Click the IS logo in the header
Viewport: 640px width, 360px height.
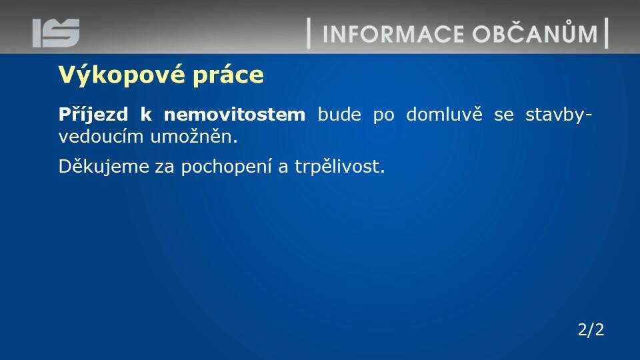pos(56,33)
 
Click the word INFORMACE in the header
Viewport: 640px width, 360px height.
pos(393,34)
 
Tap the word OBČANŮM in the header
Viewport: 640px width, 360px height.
pos(535,33)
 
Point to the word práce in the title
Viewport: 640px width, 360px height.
pos(228,75)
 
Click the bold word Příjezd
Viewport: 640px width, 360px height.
pos(93,115)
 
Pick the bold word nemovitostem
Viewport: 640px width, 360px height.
pos(234,114)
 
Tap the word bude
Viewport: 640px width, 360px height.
pos(339,114)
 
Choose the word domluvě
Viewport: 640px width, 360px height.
pos(444,114)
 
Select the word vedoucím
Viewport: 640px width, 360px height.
pos(101,137)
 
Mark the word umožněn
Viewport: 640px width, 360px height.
pos(194,137)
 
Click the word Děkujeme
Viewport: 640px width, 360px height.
pos(104,167)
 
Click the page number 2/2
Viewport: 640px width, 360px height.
pos(591,330)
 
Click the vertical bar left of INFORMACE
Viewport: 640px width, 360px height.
pos(309,33)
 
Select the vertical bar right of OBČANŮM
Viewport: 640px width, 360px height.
pos(607,33)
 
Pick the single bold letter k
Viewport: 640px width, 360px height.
pos(146,114)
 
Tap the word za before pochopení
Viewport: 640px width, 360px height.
pos(165,168)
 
